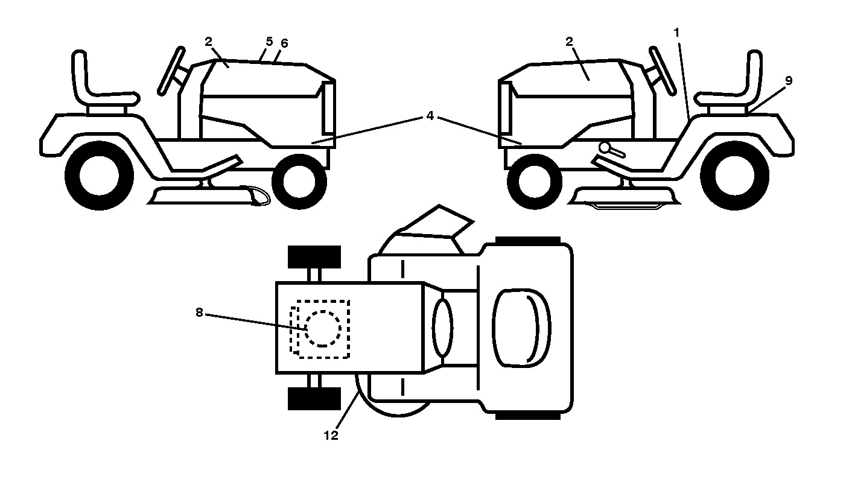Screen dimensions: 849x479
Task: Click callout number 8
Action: coord(199,312)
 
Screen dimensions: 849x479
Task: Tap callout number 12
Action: coord(331,436)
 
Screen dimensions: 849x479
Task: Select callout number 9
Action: coord(788,81)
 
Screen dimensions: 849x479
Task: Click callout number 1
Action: coord(676,33)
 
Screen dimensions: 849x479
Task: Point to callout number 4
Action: coord(430,116)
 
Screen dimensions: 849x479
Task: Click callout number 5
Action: coord(269,41)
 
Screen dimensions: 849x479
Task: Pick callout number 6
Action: coord(284,43)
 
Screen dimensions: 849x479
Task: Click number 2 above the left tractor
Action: coord(208,42)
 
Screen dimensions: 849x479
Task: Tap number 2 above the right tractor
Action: coord(569,42)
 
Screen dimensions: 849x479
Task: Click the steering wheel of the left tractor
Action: coord(171,71)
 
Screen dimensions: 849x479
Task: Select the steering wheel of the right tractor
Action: coord(663,71)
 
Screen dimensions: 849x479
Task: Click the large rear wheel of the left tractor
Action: coord(100,176)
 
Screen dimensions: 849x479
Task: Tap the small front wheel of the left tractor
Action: coord(299,181)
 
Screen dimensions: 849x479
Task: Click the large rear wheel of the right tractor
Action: coord(734,176)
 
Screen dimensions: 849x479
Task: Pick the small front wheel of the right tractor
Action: coord(535,181)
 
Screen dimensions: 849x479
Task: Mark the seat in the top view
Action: coord(521,328)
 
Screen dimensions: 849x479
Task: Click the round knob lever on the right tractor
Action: coord(611,149)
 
